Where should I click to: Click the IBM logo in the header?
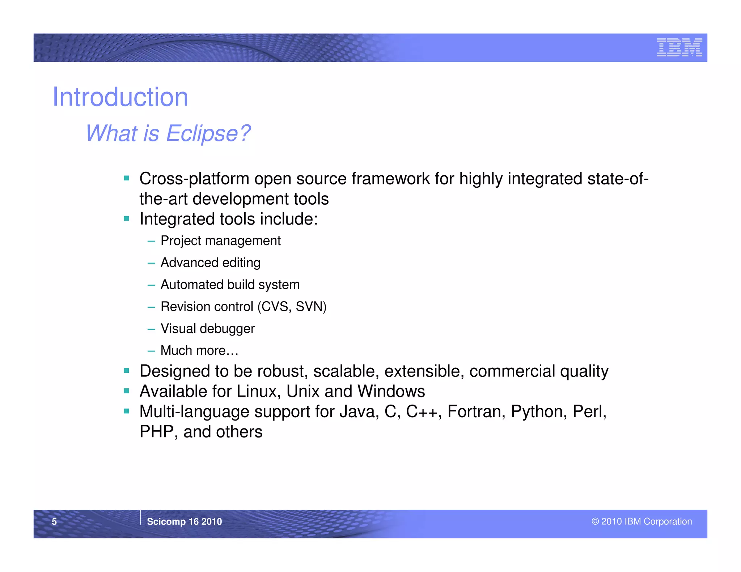679,47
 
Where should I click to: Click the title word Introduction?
120,97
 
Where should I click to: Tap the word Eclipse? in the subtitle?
208,133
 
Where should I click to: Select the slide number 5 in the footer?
54,521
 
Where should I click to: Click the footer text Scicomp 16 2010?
184,521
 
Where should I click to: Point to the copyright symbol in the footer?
595,521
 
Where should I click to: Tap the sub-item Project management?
220,241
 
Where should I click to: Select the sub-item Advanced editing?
210,262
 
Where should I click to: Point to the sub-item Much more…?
199,350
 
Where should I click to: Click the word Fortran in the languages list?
476,411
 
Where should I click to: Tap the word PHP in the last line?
157,432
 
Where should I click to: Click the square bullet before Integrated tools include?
126,218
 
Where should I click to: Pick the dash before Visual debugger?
151,329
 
